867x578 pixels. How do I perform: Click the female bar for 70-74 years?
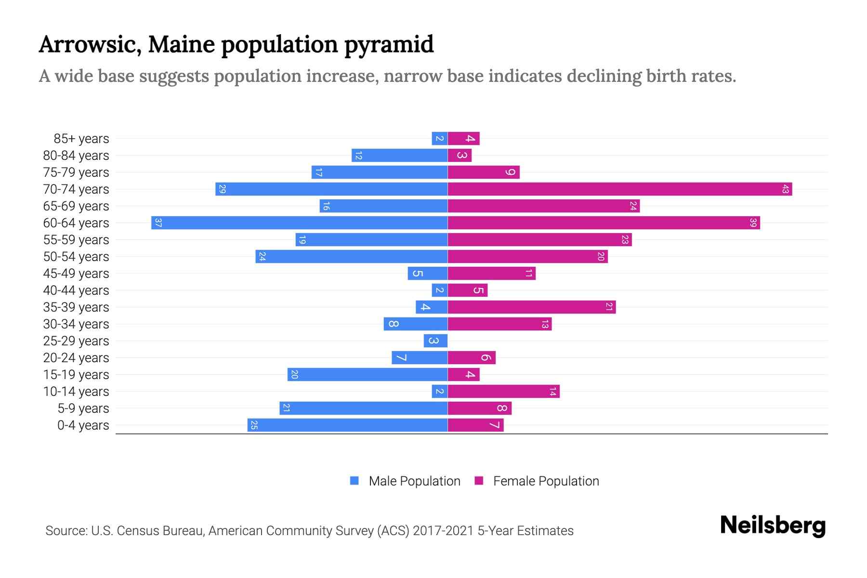(619, 189)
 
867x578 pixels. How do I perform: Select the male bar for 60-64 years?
(299, 223)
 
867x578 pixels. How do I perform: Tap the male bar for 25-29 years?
(435, 341)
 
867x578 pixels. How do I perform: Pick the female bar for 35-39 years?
(532, 307)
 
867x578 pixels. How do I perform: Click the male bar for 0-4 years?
(347, 425)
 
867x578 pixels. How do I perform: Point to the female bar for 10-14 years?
(503, 391)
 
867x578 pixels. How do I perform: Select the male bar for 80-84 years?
(399, 155)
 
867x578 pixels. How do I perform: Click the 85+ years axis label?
(81, 139)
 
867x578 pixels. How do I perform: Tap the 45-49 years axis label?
(76, 274)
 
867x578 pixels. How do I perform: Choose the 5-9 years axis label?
(83, 408)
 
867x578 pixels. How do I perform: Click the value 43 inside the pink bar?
(785, 189)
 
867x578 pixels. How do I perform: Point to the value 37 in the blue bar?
(158, 223)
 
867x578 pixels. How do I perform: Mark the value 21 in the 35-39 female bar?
(609, 307)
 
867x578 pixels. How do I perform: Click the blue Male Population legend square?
(355, 481)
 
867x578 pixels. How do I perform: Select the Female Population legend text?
(546, 481)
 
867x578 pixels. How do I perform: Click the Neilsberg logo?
(773, 525)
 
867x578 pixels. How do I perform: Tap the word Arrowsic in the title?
(90, 44)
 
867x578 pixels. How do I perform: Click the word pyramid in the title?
(389, 44)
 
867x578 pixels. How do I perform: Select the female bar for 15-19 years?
(463, 374)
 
